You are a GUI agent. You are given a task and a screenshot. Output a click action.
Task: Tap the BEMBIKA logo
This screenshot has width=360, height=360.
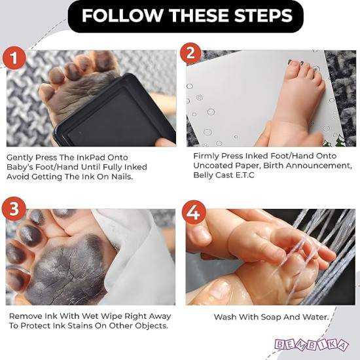tap(320, 344)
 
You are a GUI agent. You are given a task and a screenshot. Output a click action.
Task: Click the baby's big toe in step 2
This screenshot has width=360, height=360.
tap(293, 65)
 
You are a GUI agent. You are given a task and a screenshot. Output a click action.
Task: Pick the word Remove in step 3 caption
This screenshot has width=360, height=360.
tap(26, 316)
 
